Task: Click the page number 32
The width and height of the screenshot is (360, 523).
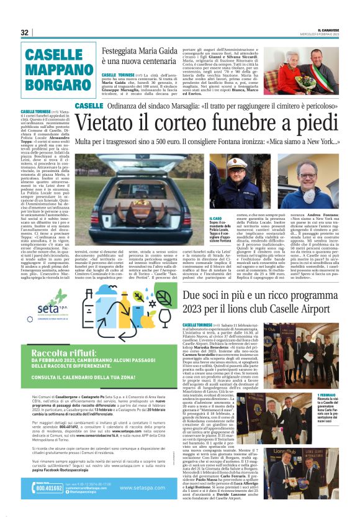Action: tap(25, 32)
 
